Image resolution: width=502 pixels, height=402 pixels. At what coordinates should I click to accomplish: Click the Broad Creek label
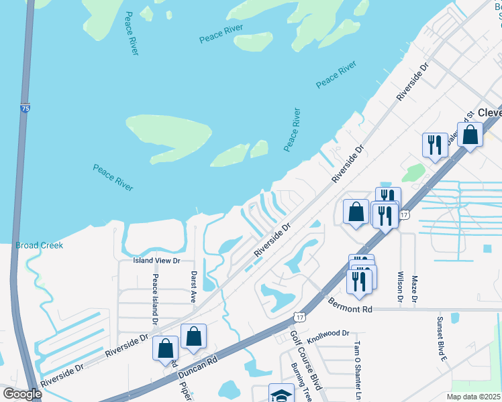point(40,246)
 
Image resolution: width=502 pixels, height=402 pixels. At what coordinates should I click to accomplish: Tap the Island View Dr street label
point(158,261)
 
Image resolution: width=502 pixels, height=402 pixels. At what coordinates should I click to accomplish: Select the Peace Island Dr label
point(155,299)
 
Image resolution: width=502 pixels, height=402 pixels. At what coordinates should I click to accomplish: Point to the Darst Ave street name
point(193,287)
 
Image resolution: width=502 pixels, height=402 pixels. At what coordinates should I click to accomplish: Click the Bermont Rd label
point(350,309)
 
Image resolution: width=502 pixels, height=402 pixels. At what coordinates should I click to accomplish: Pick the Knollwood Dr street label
point(328,333)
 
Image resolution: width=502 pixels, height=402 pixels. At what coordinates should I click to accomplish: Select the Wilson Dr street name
point(399,287)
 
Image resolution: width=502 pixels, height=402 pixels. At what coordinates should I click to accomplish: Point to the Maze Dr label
point(415,288)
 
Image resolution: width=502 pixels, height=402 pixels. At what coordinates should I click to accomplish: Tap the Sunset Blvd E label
point(442,339)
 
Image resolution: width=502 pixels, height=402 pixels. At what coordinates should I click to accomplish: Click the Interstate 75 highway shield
point(25,107)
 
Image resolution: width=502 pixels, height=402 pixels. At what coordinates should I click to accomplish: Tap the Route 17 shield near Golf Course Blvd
point(299,315)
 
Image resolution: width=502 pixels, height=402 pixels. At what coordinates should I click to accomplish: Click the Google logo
point(21,394)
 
